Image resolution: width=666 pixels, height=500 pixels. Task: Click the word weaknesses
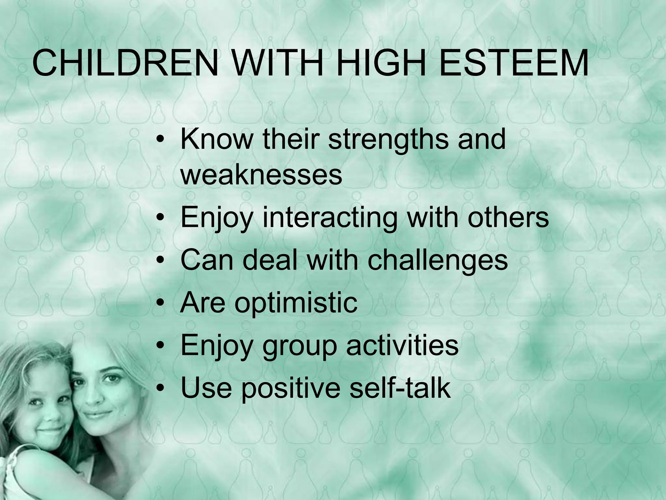point(261,175)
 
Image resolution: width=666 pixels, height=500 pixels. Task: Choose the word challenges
point(437,261)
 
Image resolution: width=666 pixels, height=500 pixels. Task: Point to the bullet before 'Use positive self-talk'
point(160,388)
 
